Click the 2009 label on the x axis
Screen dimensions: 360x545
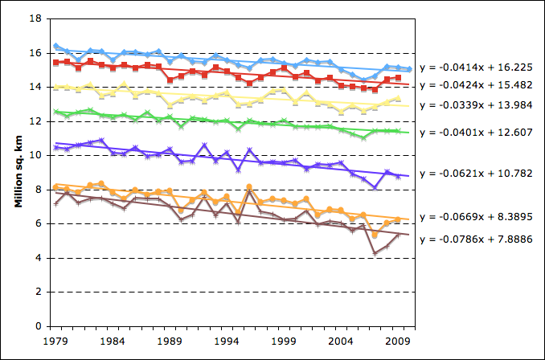pos(398,341)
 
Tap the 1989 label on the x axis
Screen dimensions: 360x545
pos(170,341)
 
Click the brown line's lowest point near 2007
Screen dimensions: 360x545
pos(375,253)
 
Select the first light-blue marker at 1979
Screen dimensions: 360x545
pos(55,46)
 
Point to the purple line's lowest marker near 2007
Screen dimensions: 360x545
pos(375,188)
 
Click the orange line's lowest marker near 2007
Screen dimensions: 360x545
pos(375,235)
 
